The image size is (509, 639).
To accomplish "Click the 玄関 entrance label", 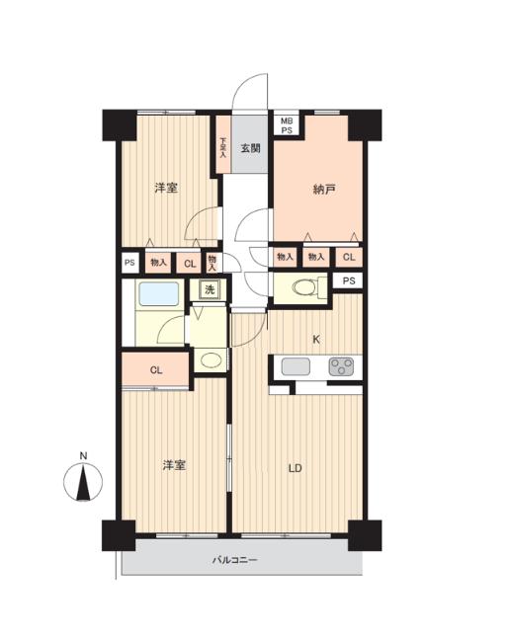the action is tap(250, 148).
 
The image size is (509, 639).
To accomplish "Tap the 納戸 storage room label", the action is tap(324, 189).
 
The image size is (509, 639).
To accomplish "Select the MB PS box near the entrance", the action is tap(287, 125).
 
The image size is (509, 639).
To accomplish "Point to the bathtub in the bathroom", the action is tap(159, 293).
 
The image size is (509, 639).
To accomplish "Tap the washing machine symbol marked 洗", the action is tap(210, 289).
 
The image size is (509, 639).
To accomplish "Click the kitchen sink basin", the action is tap(296, 366).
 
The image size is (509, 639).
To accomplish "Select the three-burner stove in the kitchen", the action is tap(341, 366).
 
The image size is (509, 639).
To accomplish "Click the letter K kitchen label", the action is tap(316, 339).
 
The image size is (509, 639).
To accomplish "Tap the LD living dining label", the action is tap(295, 468).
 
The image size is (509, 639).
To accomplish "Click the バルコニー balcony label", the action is tap(235, 560).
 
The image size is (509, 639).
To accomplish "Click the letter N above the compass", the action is tap(83, 455).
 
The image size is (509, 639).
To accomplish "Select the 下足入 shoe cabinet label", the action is tap(223, 147).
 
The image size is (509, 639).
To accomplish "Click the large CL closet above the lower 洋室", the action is tap(156, 370).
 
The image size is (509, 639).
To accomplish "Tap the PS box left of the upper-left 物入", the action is tap(129, 263).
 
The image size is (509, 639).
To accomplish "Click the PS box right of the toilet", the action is tap(348, 280).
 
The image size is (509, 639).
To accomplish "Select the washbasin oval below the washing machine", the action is tap(212, 359).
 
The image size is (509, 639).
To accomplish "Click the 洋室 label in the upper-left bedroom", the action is tap(166, 189).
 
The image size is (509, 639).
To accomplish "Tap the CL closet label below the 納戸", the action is tap(349, 257).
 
